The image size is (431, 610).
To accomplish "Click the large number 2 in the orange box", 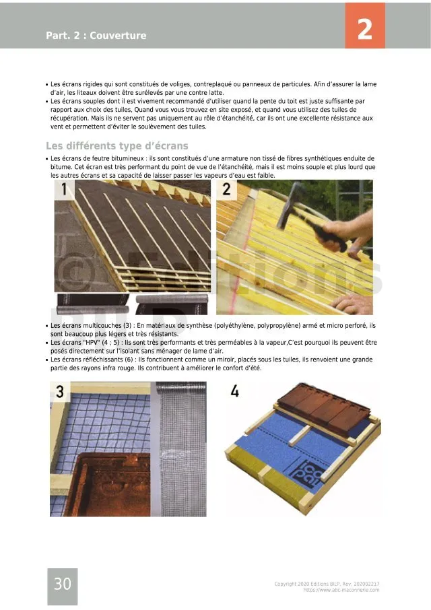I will tap(364, 29).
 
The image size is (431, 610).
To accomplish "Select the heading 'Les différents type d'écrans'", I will tap(117, 146).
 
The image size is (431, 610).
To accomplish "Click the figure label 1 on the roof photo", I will tap(66, 189).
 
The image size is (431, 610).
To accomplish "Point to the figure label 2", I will tap(226, 189).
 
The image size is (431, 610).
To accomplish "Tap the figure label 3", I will tap(60, 391).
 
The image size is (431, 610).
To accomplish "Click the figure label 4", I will tap(234, 391).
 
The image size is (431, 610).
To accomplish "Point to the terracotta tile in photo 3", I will tap(111, 485).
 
